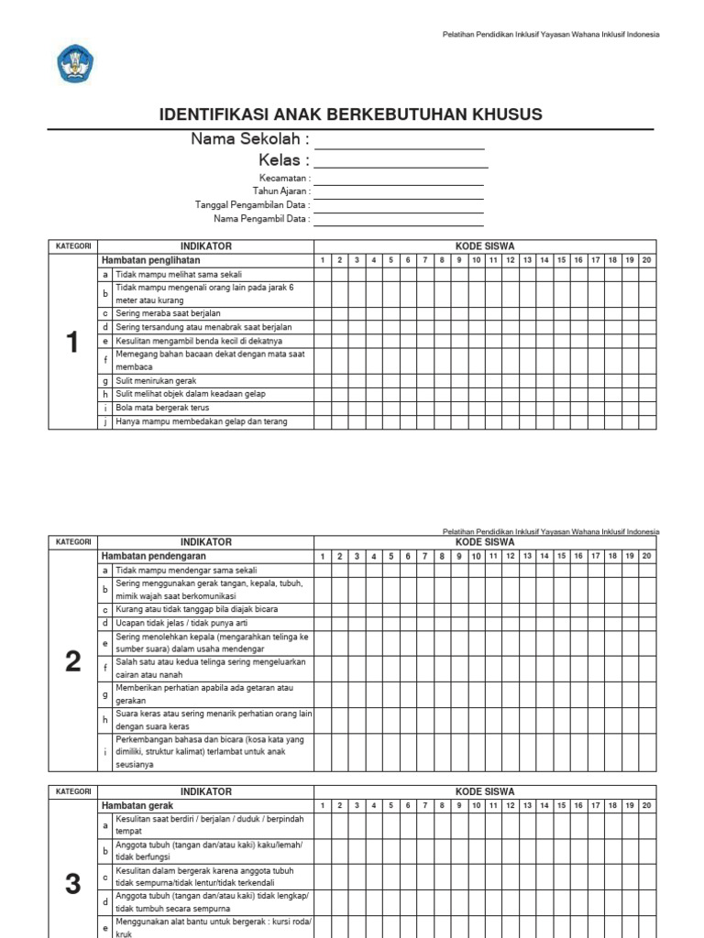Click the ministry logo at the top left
point(75,64)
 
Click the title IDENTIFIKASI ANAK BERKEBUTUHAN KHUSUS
point(351,115)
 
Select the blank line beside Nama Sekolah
point(399,140)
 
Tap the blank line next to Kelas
point(401,161)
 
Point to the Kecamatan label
point(284,179)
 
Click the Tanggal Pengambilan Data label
point(252,205)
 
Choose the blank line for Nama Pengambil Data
point(399,219)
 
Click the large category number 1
point(72,342)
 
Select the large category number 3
point(72,883)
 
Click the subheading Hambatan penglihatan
point(150,260)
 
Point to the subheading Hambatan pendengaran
point(153,556)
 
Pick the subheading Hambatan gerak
point(137,805)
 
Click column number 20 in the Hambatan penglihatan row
point(646,260)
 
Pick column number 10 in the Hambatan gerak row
point(476,805)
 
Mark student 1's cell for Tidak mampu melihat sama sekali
point(323,274)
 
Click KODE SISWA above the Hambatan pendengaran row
point(485,542)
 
